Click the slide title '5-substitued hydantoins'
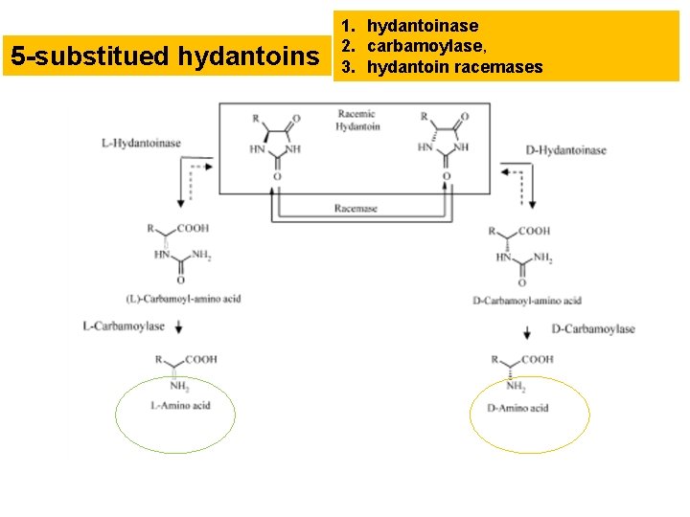coord(164,57)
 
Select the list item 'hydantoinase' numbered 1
coord(423,25)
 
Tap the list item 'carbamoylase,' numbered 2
coord(428,46)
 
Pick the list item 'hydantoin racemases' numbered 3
coord(454,67)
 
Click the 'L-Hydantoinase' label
coord(141,144)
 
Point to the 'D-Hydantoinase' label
coord(565,150)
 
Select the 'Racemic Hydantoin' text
coord(358,121)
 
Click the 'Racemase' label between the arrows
coord(356,209)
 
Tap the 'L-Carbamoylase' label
coord(124,326)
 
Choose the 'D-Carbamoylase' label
coord(593,329)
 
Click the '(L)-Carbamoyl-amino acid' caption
coord(183,299)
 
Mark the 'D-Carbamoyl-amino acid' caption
coord(527,302)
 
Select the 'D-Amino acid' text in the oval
coord(517,408)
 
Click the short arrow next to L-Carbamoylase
coord(179,327)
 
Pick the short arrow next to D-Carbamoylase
coord(528,332)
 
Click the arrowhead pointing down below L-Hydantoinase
coord(179,203)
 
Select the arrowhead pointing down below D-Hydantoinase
coord(531,203)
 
